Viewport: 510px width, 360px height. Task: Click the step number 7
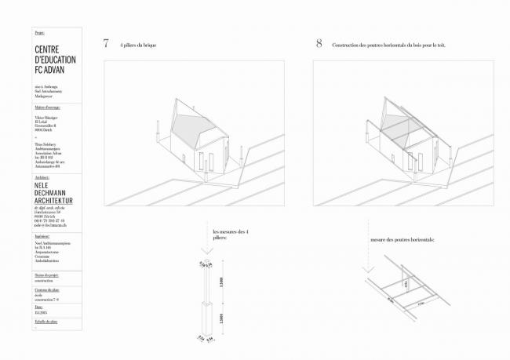(x=105, y=44)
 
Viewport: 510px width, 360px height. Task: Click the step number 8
(x=319, y=44)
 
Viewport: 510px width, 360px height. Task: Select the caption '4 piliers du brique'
(x=139, y=45)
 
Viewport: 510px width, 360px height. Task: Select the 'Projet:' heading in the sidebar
(x=40, y=34)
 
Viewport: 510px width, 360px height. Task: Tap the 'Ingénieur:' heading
(x=43, y=235)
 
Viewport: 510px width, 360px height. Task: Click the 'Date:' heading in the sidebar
(x=40, y=307)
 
